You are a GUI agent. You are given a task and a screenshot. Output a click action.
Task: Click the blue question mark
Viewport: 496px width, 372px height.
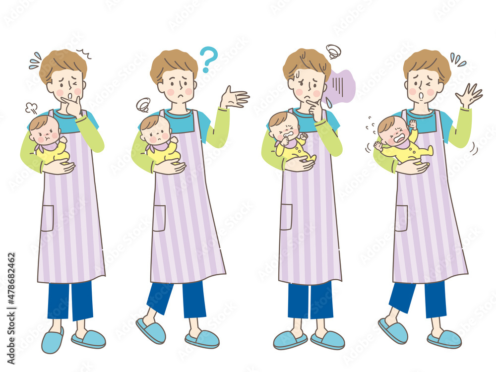pyautogui.click(x=209, y=59)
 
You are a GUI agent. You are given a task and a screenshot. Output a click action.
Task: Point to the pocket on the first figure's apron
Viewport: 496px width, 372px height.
pyautogui.click(x=47, y=218)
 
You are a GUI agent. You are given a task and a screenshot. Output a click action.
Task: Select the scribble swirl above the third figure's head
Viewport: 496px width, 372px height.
pyautogui.click(x=333, y=51)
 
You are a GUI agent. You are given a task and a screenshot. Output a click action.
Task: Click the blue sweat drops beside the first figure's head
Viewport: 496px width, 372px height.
pyautogui.click(x=35, y=60)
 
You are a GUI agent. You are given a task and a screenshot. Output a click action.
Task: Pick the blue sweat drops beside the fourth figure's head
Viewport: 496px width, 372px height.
pyautogui.click(x=457, y=60)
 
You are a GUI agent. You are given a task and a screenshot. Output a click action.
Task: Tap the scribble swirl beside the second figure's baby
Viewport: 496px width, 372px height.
pyautogui.click(x=143, y=105)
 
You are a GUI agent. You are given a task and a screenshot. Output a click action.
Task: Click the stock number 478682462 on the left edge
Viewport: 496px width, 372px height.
pyautogui.click(x=11, y=288)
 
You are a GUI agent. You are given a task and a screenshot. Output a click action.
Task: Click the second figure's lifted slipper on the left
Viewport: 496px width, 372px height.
pyautogui.click(x=150, y=331)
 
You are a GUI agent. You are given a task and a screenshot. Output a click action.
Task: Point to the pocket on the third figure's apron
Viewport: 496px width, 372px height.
pyautogui.click(x=286, y=217)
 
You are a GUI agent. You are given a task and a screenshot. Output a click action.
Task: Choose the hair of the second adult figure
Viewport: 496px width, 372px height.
pyautogui.click(x=174, y=62)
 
